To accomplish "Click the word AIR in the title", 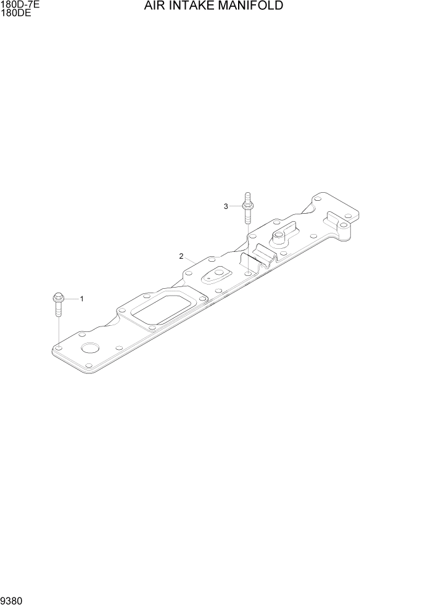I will tap(154, 7).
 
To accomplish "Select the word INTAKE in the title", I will tap(191, 7).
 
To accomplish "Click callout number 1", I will tap(82, 299).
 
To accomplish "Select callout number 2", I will tap(181, 256).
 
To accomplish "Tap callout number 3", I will tap(226, 206).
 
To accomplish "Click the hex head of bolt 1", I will tap(57, 297).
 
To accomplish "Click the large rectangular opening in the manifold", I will tap(160, 308).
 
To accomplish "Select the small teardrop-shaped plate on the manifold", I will tap(217, 276).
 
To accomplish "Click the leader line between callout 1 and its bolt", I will tap(71, 299).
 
